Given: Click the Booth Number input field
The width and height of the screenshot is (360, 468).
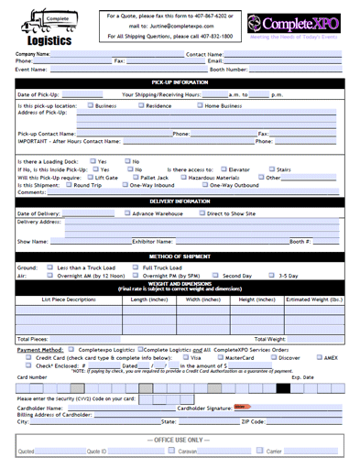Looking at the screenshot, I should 294,69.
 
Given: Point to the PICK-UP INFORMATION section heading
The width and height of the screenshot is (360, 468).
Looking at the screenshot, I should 180,82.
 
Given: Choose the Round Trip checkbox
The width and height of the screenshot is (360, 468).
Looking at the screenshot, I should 67,184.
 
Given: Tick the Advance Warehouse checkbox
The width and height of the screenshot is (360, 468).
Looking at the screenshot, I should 127,213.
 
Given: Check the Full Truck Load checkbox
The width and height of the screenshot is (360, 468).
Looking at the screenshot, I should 136,267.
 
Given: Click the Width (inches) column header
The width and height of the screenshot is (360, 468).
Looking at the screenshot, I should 193,299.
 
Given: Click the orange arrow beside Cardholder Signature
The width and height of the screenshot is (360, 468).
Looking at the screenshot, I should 242,406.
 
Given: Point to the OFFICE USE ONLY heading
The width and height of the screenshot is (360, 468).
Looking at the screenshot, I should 180,441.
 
